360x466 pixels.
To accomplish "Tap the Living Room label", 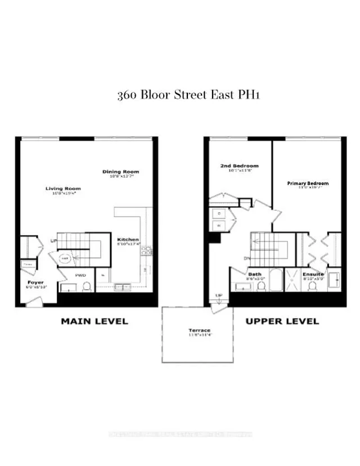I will (x=63, y=189).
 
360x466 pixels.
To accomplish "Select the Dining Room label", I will (x=120, y=172).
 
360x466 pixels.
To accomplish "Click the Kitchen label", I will (x=128, y=239).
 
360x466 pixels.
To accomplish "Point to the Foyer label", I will (x=35, y=282).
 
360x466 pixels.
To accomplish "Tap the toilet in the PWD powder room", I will (x=87, y=287).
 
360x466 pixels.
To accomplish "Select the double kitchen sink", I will (x=121, y=287).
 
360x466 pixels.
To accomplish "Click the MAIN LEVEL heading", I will (x=94, y=321).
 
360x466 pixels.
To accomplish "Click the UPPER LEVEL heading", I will (x=282, y=321).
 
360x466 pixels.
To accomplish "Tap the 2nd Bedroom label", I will (x=238, y=166).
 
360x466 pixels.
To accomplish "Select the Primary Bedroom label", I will (x=308, y=183).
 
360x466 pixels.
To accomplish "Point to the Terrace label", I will (x=200, y=330).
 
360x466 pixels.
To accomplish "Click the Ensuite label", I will (x=314, y=274).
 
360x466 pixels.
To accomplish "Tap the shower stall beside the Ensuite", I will (x=292, y=280).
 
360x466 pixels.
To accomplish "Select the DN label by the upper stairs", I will (x=247, y=259).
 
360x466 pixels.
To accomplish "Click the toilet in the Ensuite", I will (x=312, y=286).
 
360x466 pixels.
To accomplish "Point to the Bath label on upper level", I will (x=254, y=275).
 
